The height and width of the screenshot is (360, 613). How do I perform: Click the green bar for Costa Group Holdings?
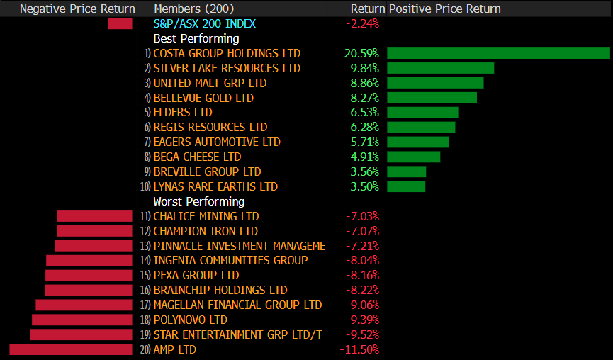pyautogui.click(x=498, y=53)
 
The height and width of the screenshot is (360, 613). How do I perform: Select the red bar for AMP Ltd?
pyautogui.click(x=71, y=349)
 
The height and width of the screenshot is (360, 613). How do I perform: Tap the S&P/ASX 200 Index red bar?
pyautogui.click(x=120, y=23)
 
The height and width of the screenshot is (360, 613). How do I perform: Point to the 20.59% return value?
pyautogui.click(x=361, y=53)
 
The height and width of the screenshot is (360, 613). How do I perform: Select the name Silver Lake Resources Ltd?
pyautogui.click(x=227, y=68)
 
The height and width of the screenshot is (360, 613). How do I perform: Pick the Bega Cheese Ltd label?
pyautogui.click(x=197, y=157)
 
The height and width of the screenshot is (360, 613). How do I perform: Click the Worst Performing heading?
pyautogui.click(x=199, y=201)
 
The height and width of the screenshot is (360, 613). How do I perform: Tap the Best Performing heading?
pyautogui.click(x=196, y=38)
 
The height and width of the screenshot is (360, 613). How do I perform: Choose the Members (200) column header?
pyautogui.click(x=189, y=9)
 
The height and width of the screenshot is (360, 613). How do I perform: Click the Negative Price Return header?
pyautogui.click(x=77, y=9)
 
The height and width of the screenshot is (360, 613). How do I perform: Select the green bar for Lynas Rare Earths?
pyautogui.click(x=406, y=186)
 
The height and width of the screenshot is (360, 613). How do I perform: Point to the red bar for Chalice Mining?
pyautogui.click(x=95, y=216)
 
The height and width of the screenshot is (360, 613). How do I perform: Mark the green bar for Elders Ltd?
pyautogui.click(x=422, y=112)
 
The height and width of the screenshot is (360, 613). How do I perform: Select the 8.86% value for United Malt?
pyautogui.click(x=364, y=83)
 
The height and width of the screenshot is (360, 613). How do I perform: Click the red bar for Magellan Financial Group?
pyautogui.click(x=84, y=305)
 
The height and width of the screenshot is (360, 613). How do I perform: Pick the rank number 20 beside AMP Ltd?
pyautogui.click(x=146, y=350)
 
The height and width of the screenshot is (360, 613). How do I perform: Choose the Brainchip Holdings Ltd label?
pyautogui.click(x=220, y=290)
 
